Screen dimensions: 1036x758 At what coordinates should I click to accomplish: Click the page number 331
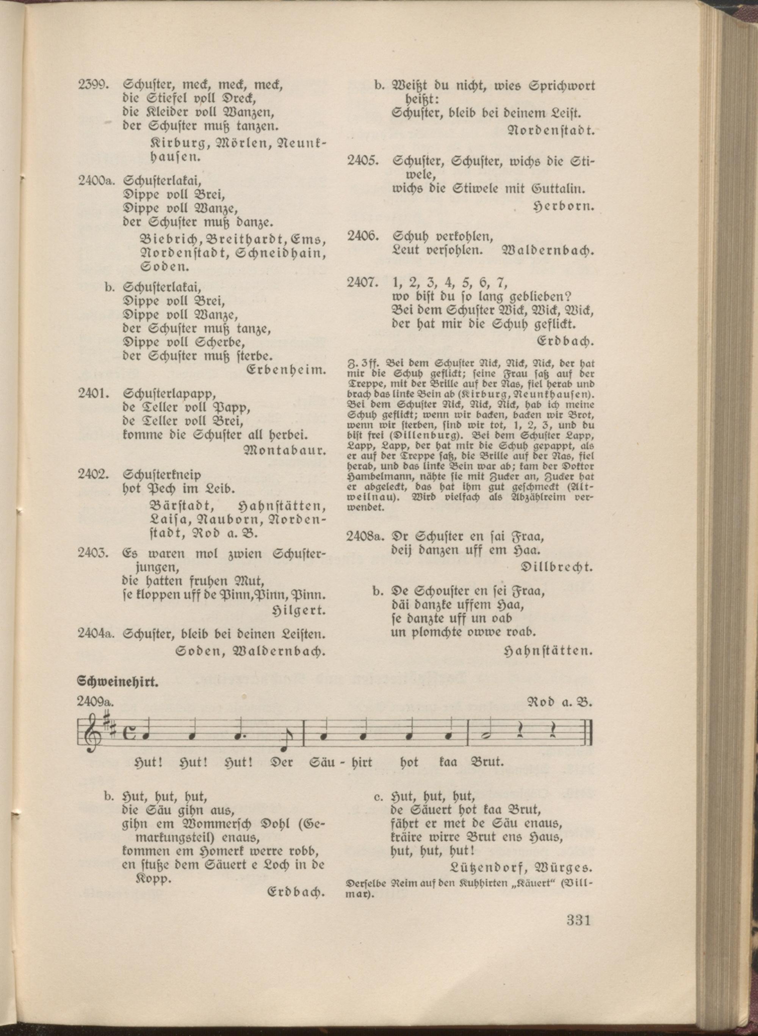point(578,920)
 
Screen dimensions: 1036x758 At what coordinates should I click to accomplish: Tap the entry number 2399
point(93,85)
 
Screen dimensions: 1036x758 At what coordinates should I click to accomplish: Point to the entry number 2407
point(362,283)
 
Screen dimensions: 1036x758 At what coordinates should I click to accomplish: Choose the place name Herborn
point(564,207)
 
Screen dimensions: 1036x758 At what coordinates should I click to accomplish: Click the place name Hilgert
point(299,610)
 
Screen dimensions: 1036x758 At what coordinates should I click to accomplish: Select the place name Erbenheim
point(286,370)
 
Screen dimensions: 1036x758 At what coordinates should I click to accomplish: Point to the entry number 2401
point(93,393)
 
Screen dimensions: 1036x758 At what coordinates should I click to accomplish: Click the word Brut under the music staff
point(488,763)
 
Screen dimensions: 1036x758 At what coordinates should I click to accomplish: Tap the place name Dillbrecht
point(557,567)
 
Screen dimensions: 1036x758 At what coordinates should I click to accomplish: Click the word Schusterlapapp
point(169,393)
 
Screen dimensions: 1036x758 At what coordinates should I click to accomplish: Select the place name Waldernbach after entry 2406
point(549,251)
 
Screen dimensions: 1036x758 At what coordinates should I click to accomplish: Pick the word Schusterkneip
point(162,475)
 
